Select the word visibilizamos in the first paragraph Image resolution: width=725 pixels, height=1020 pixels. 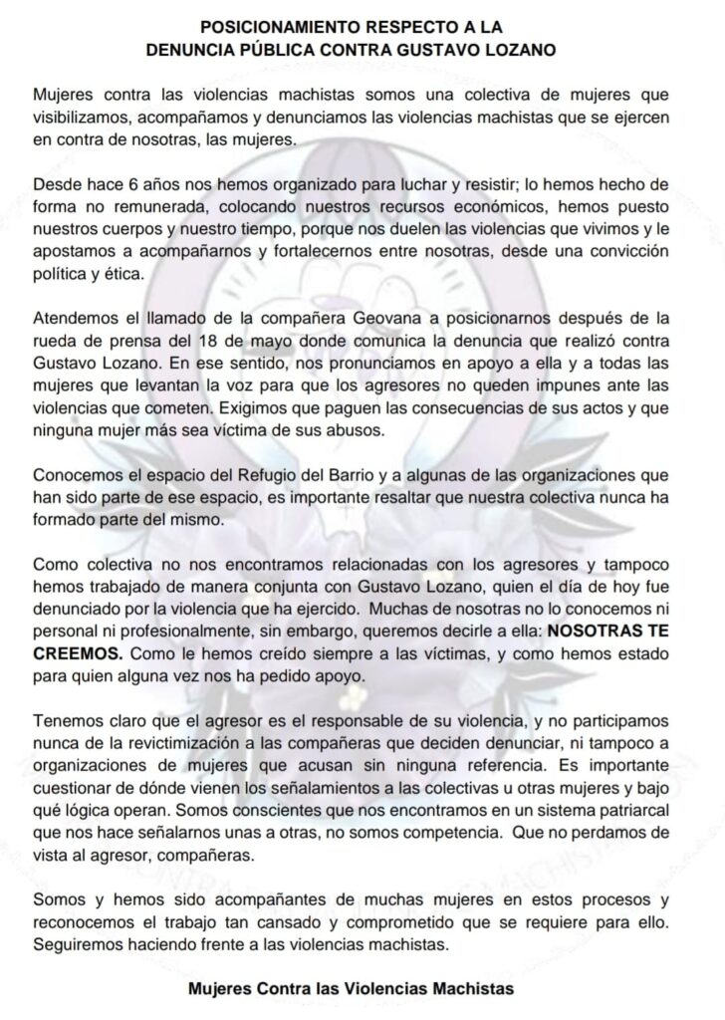click(81, 119)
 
